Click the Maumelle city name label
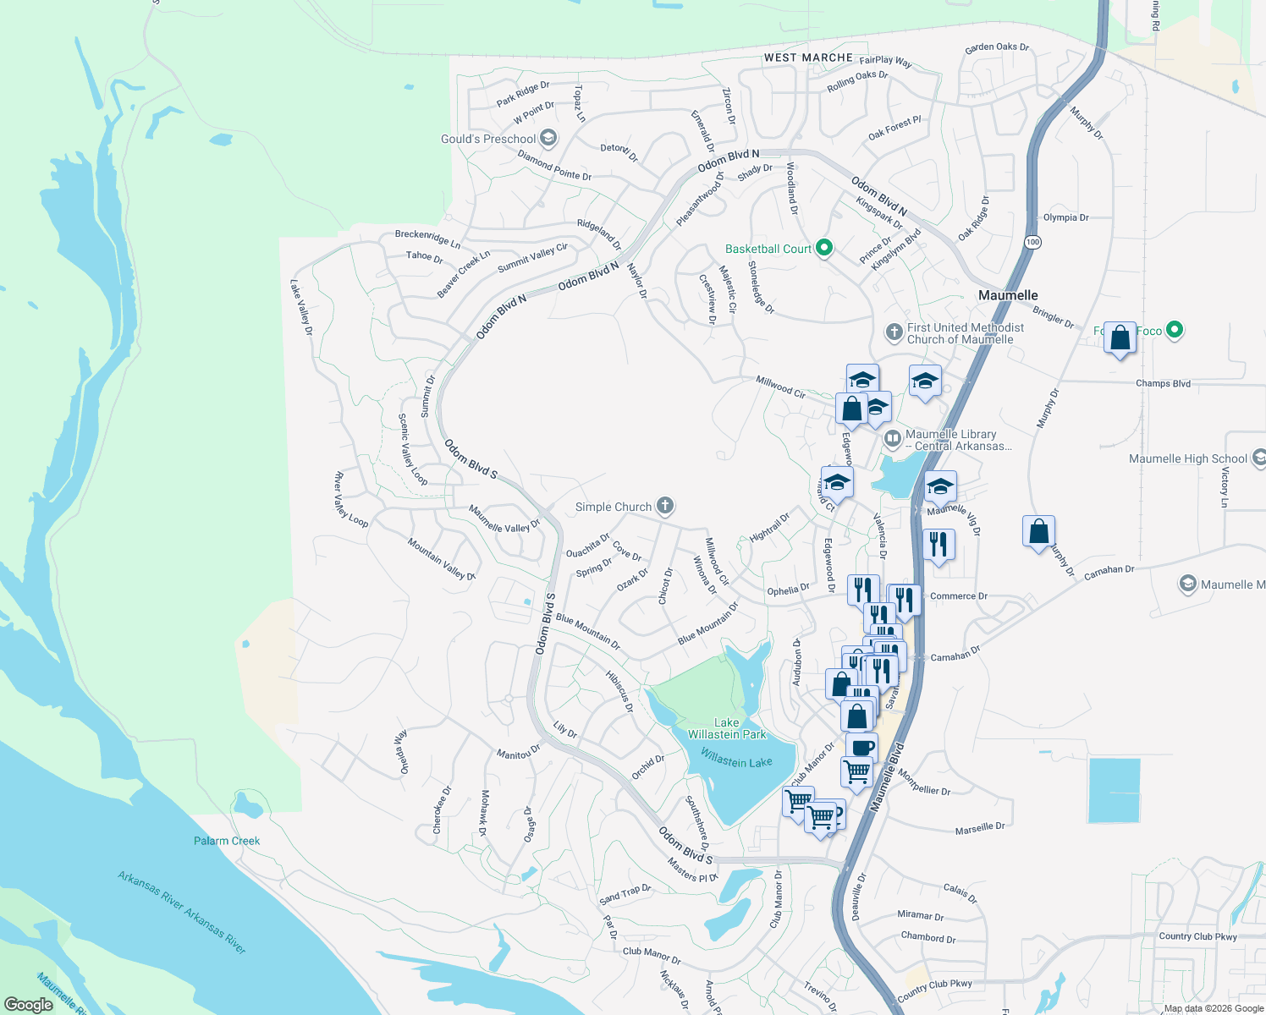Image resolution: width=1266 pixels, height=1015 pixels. pyautogui.click(x=1008, y=295)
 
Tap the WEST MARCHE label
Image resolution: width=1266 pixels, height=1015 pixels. pyautogui.click(x=808, y=58)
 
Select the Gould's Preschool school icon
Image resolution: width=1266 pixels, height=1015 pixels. pyautogui.click(x=548, y=138)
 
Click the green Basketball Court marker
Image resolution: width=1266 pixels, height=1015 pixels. pyautogui.click(x=824, y=248)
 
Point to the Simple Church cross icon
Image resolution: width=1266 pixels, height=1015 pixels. pyautogui.click(x=665, y=506)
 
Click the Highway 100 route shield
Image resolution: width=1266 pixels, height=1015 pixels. pyautogui.click(x=1032, y=242)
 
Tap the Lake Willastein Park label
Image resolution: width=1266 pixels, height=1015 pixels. pyautogui.click(x=727, y=728)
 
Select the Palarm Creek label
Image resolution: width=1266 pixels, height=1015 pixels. pyautogui.click(x=227, y=841)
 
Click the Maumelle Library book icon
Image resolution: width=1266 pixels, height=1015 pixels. pyautogui.click(x=892, y=438)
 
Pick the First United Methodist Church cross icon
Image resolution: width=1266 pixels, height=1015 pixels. pyautogui.click(x=894, y=332)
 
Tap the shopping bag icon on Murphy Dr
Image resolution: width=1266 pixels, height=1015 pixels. pyautogui.click(x=1038, y=532)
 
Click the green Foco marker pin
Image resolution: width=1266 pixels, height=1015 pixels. pyautogui.click(x=1174, y=330)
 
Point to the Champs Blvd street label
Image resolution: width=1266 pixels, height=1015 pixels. pyautogui.click(x=1163, y=383)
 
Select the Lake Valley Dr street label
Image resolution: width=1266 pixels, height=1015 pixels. pyautogui.click(x=301, y=307)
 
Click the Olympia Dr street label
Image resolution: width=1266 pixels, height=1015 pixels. pyautogui.click(x=1065, y=217)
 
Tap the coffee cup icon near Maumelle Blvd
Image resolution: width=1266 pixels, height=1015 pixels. pyautogui.click(x=861, y=748)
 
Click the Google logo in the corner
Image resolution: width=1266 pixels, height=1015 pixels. pyautogui.click(x=29, y=1004)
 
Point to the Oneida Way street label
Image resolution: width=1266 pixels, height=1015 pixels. pyautogui.click(x=403, y=751)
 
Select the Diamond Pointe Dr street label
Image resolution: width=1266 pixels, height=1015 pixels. pyautogui.click(x=554, y=166)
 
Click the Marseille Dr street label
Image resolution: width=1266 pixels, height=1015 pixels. pyautogui.click(x=980, y=828)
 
